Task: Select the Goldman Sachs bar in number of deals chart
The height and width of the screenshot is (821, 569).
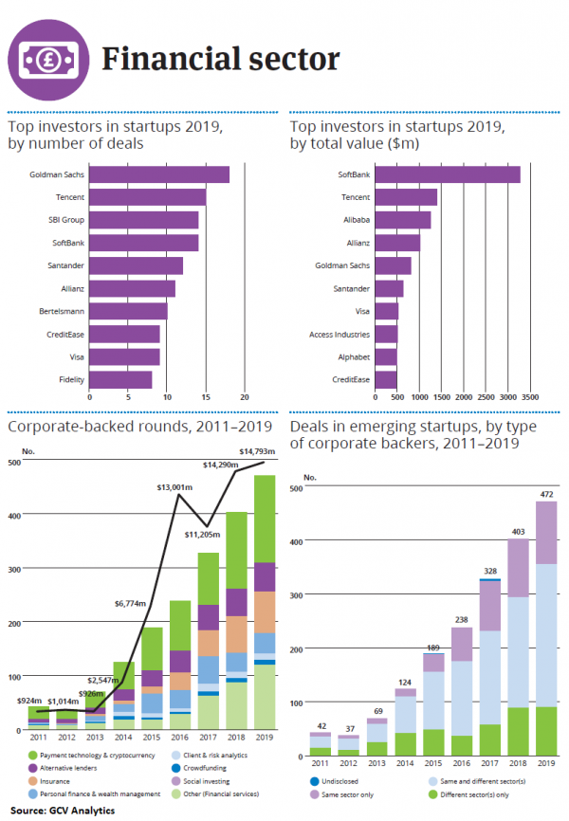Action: (x=159, y=174)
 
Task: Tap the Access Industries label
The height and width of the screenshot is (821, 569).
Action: (x=340, y=335)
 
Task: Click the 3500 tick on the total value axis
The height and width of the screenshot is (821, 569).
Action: (x=529, y=396)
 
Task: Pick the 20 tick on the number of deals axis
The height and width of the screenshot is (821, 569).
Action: (x=245, y=396)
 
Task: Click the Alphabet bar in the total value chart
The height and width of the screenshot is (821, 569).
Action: (x=386, y=356)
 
